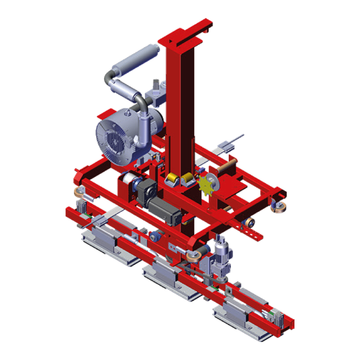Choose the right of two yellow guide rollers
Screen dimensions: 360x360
(x=188, y=179)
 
